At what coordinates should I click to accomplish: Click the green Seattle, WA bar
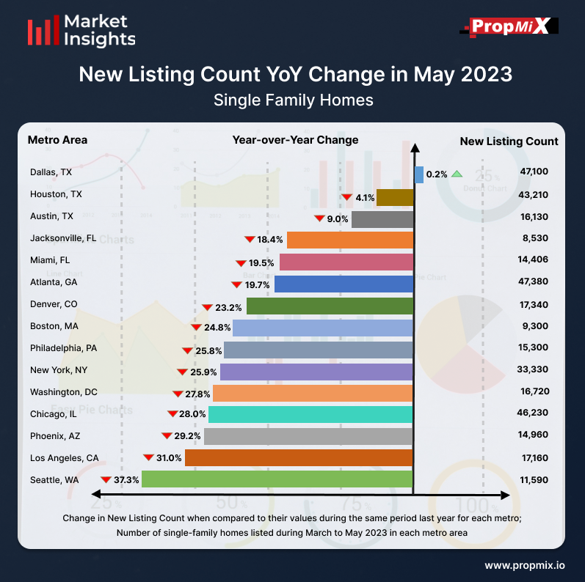point(277,479)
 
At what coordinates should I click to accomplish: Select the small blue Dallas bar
point(419,174)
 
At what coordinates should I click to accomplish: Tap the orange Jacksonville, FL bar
point(349,240)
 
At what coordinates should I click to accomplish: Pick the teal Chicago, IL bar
point(310,414)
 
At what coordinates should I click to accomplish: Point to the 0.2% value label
point(437,174)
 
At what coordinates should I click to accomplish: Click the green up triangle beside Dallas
point(457,174)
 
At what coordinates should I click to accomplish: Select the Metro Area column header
point(57,140)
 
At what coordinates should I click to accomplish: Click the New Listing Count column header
point(509,141)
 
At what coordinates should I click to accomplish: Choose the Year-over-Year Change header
point(295,140)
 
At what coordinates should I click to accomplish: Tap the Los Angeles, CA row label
point(65,458)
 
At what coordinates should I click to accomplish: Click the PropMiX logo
point(509,27)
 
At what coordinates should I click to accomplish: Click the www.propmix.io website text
point(524,565)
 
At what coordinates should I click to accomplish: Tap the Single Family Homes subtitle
point(294,100)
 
